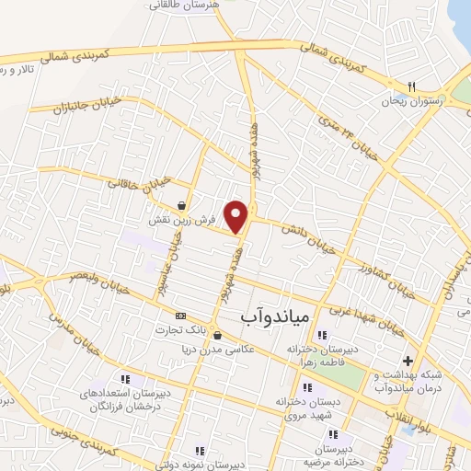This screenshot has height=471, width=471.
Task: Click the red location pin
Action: tap(237, 216)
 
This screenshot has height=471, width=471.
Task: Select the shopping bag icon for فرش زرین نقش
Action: tap(183, 204)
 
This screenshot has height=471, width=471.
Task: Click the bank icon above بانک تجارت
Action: tap(179, 315)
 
